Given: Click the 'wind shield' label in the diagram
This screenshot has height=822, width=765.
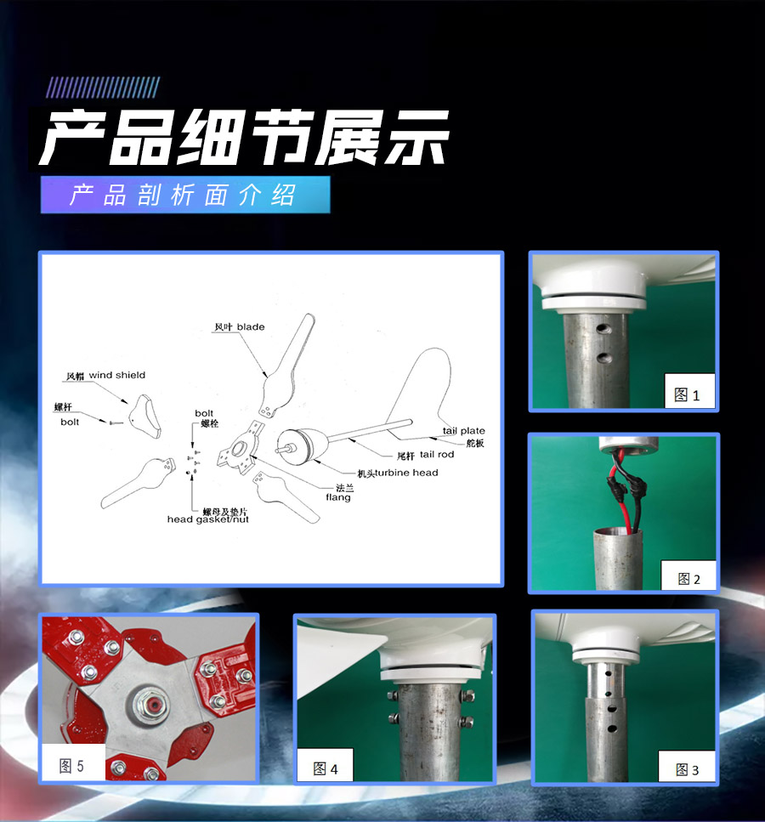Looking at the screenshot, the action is pos(117,375).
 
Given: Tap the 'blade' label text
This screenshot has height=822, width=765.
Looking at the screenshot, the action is pos(251,326).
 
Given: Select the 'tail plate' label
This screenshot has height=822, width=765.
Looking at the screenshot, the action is pos(463,430).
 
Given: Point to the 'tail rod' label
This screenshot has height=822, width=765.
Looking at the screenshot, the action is pos(437,454).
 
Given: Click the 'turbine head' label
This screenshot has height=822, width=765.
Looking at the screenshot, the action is pos(406,473).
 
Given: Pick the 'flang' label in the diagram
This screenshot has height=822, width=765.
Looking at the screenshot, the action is pos(338,497).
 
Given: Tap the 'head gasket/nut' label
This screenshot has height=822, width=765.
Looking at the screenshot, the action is pos(207,519).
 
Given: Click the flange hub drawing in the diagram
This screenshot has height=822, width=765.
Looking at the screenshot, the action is pos(241,448).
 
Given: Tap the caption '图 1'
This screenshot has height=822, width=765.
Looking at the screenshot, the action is pos(687,394).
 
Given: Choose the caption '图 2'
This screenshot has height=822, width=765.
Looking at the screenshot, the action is pos(688,579).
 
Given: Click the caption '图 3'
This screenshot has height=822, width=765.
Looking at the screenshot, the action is pos(687,769).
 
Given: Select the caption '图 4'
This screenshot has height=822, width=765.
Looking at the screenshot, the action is pos(325,768).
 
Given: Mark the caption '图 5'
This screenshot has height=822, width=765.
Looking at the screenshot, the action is pos(71,766).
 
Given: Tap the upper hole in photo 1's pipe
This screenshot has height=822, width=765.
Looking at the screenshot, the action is pos(604,329).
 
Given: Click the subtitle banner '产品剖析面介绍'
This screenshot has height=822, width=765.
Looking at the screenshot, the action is pos(185,195).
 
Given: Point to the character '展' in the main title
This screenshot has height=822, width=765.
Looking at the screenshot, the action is pos(346,138).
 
